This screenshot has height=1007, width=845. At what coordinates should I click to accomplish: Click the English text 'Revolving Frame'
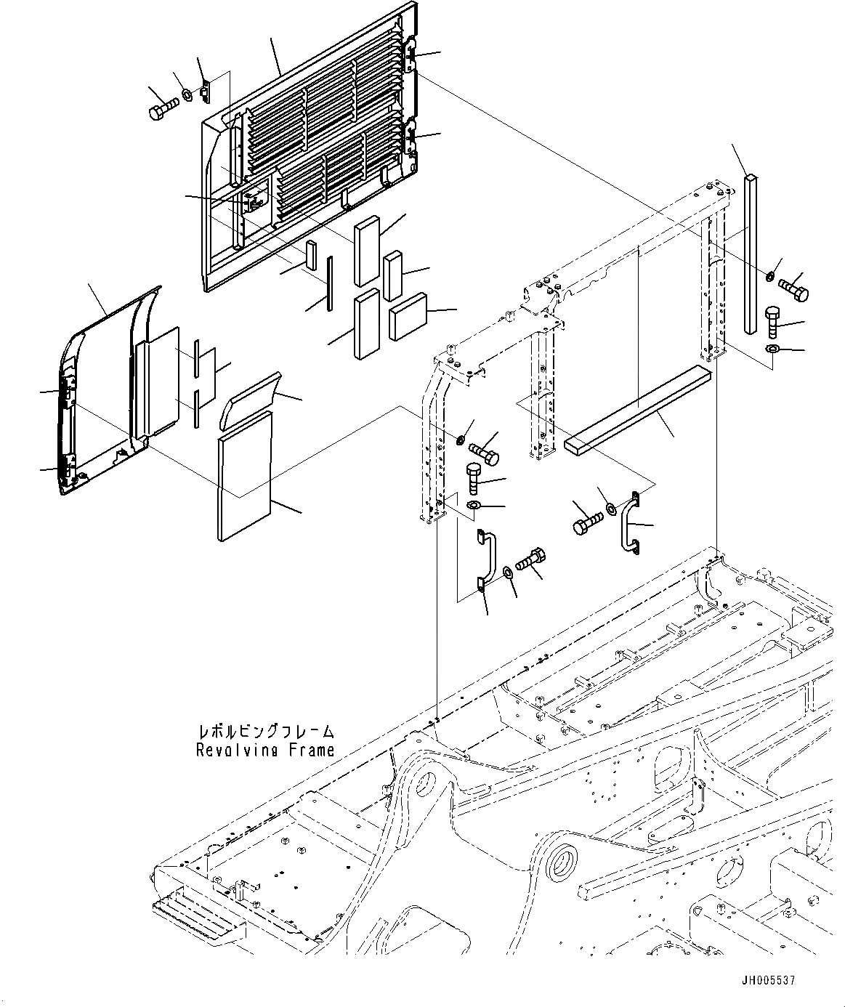(265, 749)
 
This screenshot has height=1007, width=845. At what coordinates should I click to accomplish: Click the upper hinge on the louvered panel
(411, 55)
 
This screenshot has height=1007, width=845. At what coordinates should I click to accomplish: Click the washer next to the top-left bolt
(187, 94)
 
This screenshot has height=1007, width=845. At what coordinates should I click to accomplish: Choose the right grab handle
(628, 523)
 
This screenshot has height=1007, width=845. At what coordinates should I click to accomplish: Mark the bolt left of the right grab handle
(588, 525)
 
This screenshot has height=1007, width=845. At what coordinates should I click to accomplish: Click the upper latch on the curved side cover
(69, 392)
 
